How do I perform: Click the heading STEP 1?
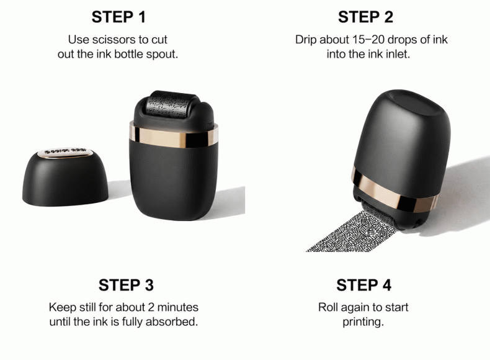coord(118,17)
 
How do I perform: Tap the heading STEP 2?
coord(365,17)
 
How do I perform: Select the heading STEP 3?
coord(126,285)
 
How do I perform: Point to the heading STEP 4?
coord(363,285)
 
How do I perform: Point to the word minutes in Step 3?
coord(178,307)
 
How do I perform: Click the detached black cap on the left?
coord(65,178)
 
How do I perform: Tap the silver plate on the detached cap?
coord(65,152)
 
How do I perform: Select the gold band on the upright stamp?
coord(174,137)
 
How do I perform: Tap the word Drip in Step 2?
coord(306,40)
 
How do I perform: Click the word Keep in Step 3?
coord(63,308)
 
